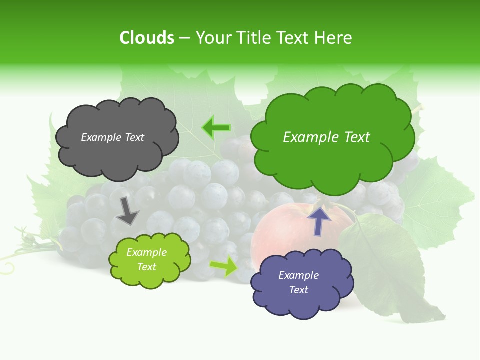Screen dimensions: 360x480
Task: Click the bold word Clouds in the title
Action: [147, 38]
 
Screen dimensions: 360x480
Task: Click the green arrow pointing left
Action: [216, 128]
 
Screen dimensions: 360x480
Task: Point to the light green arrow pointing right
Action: [224, 266]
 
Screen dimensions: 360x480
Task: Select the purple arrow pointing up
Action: [319, 220]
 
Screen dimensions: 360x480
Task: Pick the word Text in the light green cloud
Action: [146, 267]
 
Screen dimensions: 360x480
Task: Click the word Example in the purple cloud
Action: [298, 275]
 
